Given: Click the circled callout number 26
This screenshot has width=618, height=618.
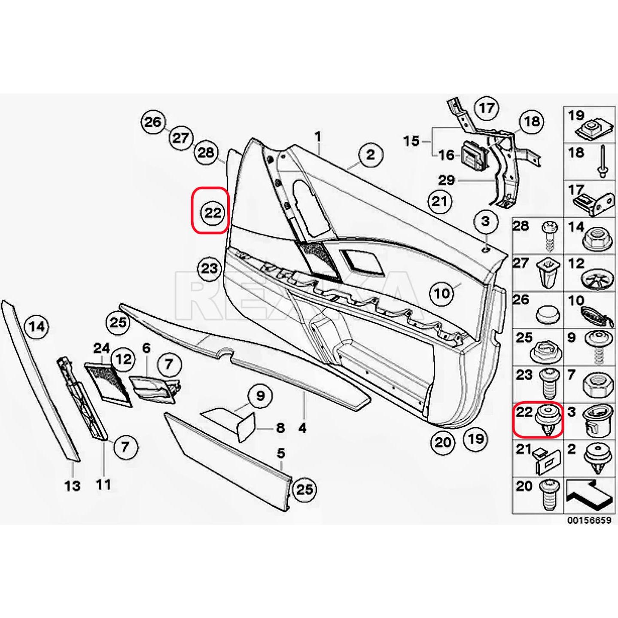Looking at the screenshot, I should click(x=153, y=122).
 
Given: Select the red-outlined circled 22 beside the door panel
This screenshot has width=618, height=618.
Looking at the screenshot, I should click(x=212, y=213).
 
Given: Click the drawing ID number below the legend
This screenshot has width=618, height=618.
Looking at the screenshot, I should click(x=589, y=520).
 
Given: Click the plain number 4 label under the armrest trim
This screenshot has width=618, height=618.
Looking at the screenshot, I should click(x=302, y=428).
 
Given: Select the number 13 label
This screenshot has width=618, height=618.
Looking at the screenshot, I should click(x=73, y=486).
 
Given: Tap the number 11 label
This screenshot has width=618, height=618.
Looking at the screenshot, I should click(x=104, y=484).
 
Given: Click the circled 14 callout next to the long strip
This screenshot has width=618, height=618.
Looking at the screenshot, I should click(x=37, y=327).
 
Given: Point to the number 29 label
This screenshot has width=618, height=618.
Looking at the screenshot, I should click(x=446, y=180).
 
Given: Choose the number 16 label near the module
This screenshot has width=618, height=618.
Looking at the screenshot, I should click(x=446, y=155).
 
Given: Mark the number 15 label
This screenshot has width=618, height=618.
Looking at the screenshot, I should click(x=411, y=141).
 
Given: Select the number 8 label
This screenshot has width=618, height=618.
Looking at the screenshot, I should click(x=280, y=428).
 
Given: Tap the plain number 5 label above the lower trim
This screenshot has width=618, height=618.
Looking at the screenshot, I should click(x=281, y=453).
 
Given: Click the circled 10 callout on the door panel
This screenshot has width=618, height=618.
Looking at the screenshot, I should click(x=442, y=293).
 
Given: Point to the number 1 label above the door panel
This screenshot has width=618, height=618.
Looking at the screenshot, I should click(x=318, y=137).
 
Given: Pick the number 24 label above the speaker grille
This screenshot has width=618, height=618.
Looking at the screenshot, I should click(x=102, y=348).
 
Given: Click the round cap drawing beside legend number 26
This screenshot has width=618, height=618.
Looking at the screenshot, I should click(x=548, y=315).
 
